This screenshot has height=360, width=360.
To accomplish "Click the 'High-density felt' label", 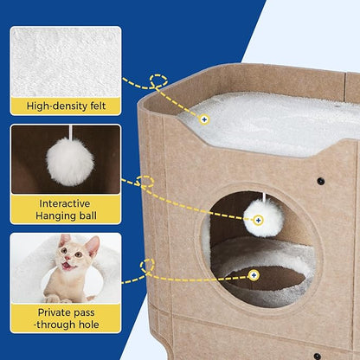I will click(x=66, y=106).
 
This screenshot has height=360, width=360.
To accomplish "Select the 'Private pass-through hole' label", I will click(x=66, y=318).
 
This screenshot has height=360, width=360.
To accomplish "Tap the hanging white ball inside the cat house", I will click(x=263, y=218).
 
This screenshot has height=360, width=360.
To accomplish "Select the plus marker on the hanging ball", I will click(x=257, y=220).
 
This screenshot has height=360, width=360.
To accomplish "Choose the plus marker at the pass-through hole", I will click(x=253, y=275).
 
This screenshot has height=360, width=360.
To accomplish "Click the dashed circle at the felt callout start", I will click(x=157, y=81).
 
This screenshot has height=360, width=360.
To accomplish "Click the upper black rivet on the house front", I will click(x=320, y=182).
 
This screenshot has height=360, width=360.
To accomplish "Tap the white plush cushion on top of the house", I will click(x=268, y=121).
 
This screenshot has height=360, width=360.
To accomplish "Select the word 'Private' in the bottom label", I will click(x=52, y=312).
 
